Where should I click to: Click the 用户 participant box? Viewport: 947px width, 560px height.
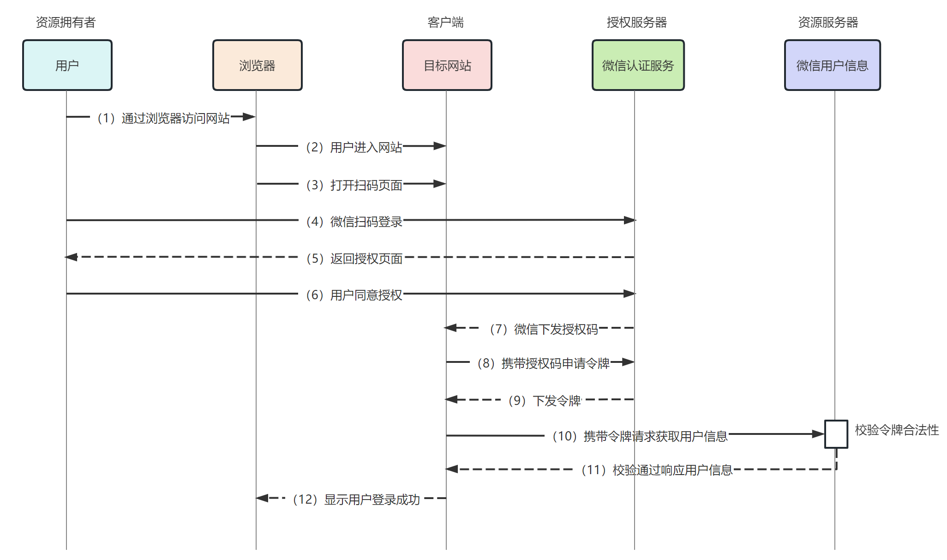(x=67, y=65)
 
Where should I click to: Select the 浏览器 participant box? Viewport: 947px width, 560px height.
(x=257, y=65)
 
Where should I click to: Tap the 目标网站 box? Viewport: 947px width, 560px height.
(x=447, y=65)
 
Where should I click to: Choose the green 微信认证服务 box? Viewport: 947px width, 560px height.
(x=638, y=65)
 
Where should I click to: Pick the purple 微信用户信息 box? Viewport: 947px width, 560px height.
(x=832, y=65)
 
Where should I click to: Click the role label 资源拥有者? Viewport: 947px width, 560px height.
(x=66, y=22)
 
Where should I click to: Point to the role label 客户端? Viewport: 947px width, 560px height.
(x=445, y=22)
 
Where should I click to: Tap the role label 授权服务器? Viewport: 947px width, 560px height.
(x=636, y=22)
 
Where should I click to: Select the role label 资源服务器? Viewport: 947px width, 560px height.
(x=828, y=22)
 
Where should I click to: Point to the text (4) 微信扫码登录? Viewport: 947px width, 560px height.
(x=354, y=222)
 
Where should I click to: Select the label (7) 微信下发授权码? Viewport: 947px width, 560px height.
(x=543, y=329)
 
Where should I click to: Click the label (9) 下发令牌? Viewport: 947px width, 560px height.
(x=544, y=400)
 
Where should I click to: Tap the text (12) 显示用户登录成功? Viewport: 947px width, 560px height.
(x=356, y=500)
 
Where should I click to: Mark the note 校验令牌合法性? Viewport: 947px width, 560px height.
(x=896, y=430)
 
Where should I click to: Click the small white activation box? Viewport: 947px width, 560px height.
(x=836, y=434)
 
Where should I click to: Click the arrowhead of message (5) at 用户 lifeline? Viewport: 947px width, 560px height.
(x=71, y=257)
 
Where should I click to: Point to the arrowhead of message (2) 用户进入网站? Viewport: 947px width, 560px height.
(x=439, y=146)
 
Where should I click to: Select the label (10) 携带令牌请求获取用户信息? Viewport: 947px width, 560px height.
(x=640, y=436)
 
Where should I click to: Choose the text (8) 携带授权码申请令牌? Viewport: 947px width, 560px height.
(x=543, y=363)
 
